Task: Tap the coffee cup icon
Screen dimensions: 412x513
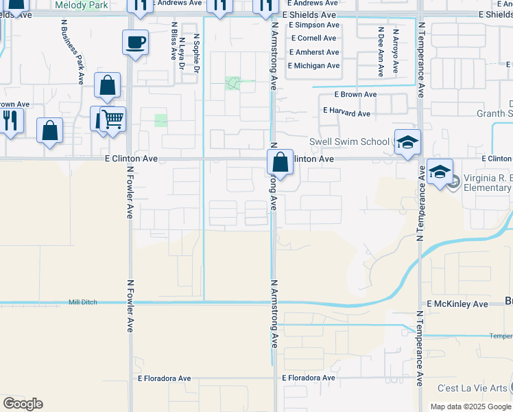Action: pos(135,42)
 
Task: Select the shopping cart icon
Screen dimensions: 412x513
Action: pos(112,119)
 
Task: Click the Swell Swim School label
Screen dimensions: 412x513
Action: pos(349,142)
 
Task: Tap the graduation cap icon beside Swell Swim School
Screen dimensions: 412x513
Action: pos(407,142)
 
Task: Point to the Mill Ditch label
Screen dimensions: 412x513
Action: pos(84,302)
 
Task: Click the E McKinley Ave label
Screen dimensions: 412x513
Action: pos(457,304)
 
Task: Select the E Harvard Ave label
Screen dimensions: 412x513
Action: pos(346,113)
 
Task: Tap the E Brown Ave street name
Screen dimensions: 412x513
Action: pos(355,94)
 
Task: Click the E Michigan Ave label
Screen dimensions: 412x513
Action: pos(313,66)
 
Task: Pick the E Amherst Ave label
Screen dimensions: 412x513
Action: pos(314,52)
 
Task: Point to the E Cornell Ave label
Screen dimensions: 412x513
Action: pos(313,38)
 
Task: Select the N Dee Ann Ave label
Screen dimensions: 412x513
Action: pos(380,50)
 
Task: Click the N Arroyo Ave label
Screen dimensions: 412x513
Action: pos(396,50)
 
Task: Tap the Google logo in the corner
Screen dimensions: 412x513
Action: pos(23,404)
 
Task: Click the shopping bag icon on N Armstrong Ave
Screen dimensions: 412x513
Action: pos(280,163)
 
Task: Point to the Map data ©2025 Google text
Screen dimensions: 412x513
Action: pos(470,407)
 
